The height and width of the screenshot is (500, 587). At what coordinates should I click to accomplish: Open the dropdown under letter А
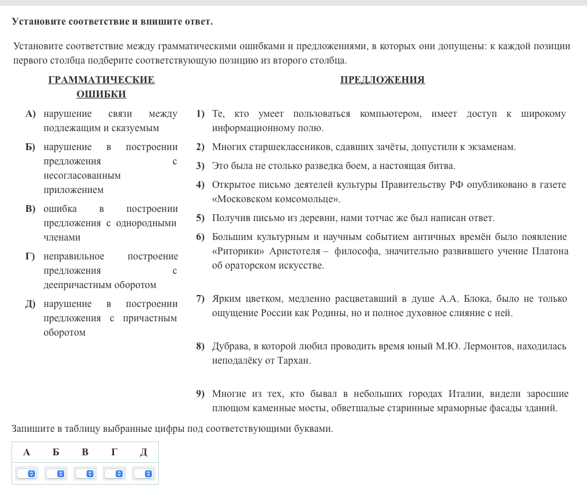click(x=26, y=474)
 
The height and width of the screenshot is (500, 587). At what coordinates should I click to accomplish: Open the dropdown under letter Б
click(x=56, y=474)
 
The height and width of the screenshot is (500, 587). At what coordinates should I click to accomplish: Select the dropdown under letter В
click(x=85, y=474)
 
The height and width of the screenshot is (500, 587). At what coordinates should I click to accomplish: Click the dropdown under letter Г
click(x=114, y=474)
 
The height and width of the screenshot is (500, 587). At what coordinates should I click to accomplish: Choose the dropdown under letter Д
click(x=143, y=474)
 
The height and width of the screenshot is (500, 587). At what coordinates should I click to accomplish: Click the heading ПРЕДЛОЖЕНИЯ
click(x=382, y=80)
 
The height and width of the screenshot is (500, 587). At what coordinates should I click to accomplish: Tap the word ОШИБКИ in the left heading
click(x=101, y=94)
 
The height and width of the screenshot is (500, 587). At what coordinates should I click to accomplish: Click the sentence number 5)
click(x=200, y=218)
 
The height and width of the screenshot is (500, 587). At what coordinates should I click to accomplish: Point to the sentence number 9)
click(x=200, y=394)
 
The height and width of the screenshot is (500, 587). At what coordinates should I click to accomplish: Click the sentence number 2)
click(x=200, y=147)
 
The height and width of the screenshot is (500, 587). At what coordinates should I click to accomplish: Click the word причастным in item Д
click(x=150, y=318)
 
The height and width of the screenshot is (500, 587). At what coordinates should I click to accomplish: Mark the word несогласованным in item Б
click(x=82, y=176)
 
